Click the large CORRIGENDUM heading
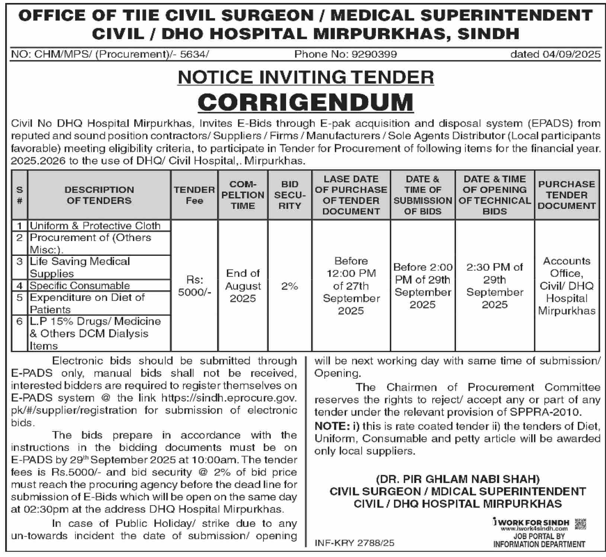305,102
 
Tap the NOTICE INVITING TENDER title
306,77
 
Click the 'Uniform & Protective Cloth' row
95,226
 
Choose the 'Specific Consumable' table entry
80,286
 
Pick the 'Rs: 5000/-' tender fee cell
195,286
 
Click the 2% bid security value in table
289,286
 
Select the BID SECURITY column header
289,195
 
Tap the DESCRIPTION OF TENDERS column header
99,195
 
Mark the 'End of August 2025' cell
243,286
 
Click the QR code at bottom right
580,524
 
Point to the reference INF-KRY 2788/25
355,543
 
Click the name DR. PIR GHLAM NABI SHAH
458,479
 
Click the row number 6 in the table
20,321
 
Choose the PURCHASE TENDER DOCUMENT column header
567,195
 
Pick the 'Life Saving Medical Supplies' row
80,267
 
